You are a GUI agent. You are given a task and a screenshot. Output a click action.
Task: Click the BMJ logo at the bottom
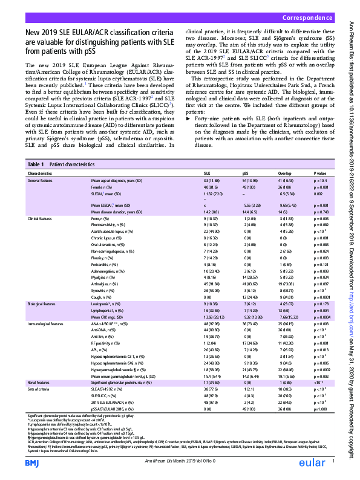[31, 462]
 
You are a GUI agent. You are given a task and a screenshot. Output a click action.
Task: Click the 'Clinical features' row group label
[42, 218]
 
